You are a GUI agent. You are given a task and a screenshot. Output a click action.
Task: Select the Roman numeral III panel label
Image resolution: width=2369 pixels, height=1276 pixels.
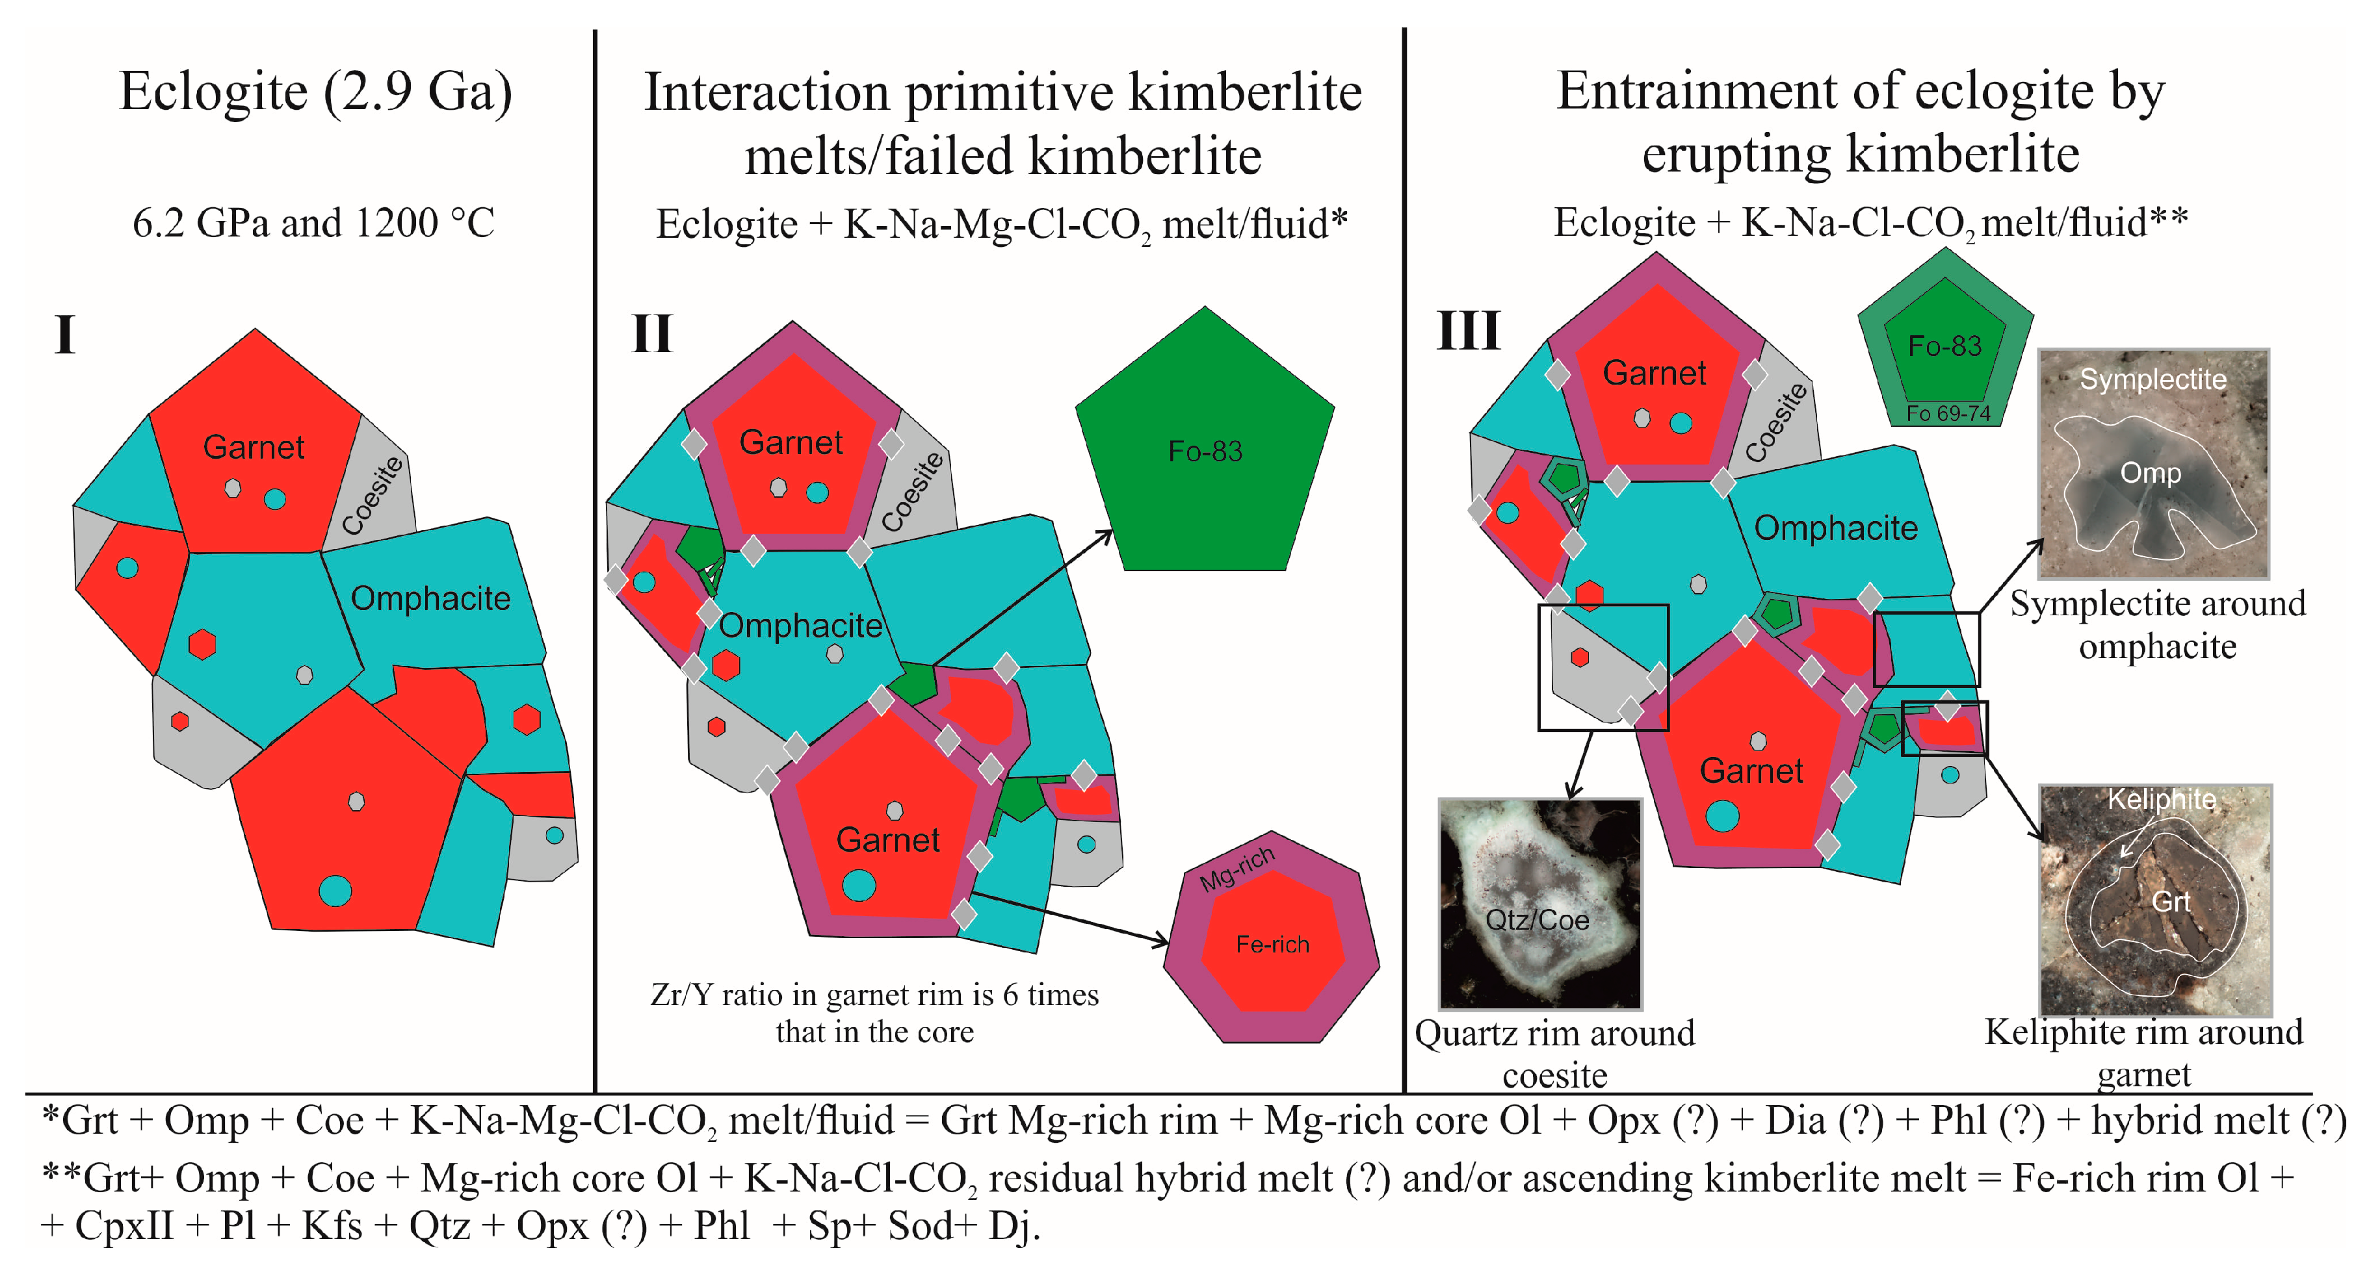tap(1469, 330)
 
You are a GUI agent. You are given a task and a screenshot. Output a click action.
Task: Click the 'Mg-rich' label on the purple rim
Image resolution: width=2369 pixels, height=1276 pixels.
tap(1237, 868)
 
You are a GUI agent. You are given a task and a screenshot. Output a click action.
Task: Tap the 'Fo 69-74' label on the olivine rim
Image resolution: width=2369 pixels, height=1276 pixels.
tap(1948, 414)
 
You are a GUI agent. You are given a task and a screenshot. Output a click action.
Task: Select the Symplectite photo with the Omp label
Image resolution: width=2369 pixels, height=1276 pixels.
tap(2153, 463)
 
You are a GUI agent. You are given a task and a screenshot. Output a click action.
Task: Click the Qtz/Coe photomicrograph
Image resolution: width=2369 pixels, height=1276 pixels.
tap(1540, 904)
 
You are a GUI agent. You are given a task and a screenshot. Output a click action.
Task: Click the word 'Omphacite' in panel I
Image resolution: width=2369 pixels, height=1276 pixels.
tap(430, 598)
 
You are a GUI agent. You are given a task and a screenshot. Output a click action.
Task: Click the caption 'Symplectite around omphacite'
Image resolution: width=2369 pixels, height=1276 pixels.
tap(2158, 625)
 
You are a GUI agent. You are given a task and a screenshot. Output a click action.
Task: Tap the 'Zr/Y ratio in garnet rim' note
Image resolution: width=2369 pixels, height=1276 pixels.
tap(874, 1013)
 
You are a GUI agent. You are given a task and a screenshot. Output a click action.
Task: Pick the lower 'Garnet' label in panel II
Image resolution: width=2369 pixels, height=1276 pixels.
tap(887, 840)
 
